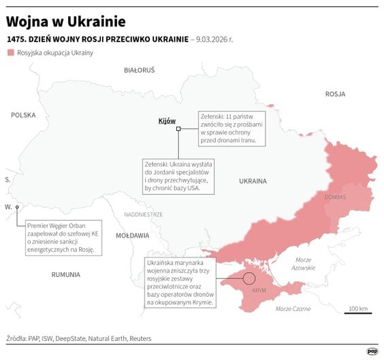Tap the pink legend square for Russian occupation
click(x=10, y=52)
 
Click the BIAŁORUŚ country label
click(x=140, y=70)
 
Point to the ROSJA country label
click(x=335, y=94)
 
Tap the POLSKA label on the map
click(x=23, y=115)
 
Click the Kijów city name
click(x=167, y=120)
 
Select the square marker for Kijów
click(x=178, y=129)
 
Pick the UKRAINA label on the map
click(x=253, y=181)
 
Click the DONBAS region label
click(x=336, y=197)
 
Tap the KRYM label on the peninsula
click(x=259, y=291)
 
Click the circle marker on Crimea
click(x=249, y=278)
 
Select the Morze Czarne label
click(x=293, y=309)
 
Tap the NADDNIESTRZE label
click(x=143, y=214)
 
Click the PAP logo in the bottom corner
click(x=372, y=351)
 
